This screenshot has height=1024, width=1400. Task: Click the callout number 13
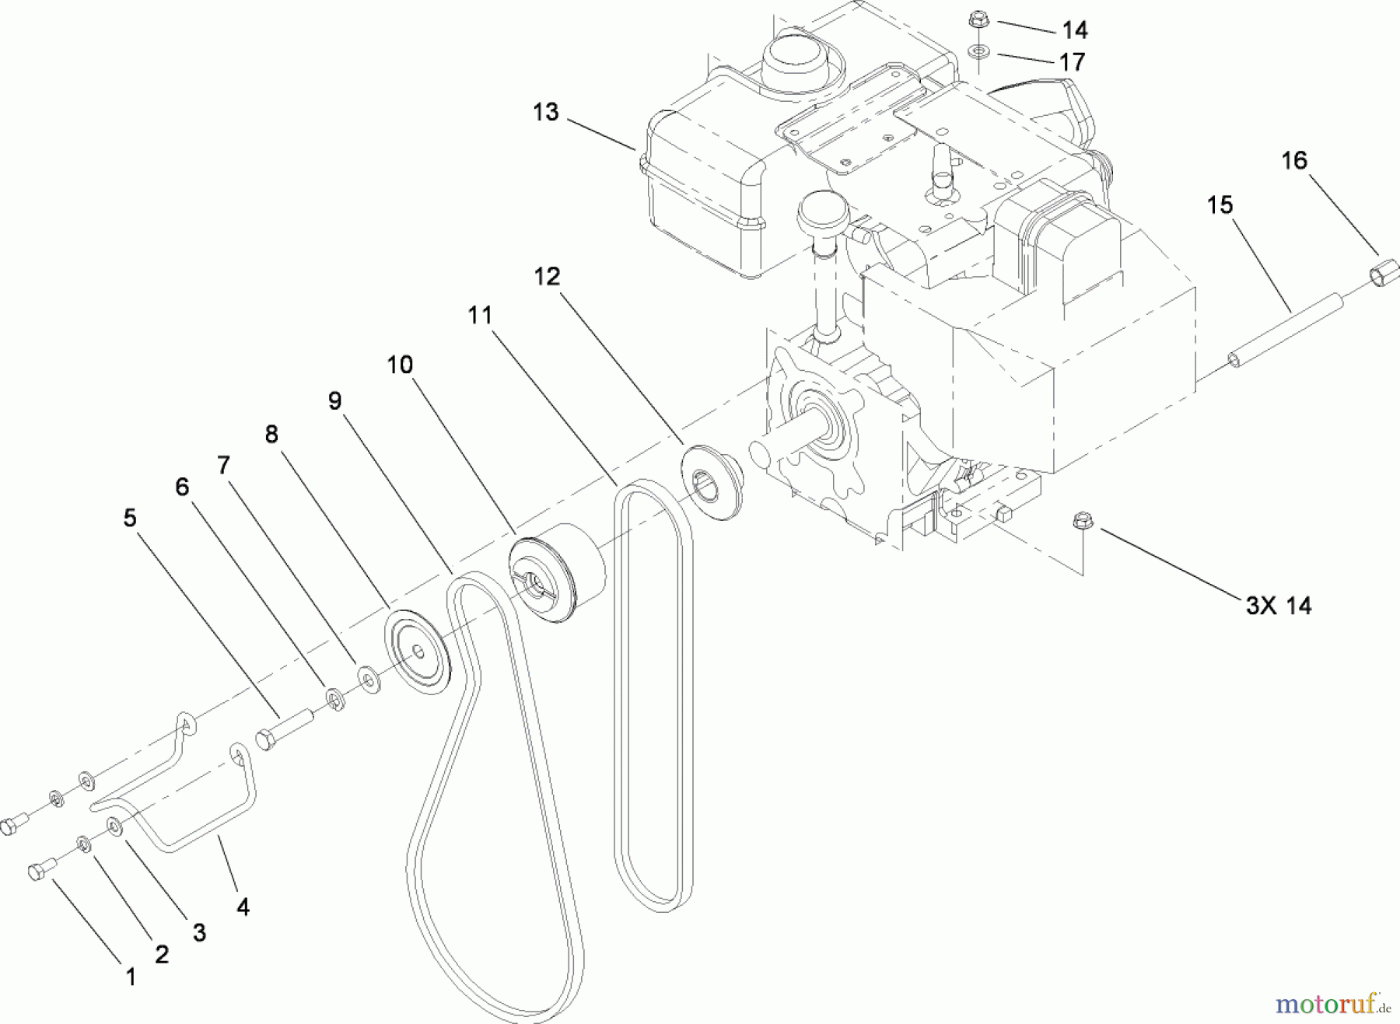(545, 112)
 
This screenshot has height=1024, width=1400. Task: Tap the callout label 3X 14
(1278, 606)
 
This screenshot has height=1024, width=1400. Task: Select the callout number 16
(1294, 161)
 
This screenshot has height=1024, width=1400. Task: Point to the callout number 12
(547, 277)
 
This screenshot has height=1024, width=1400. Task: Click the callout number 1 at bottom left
(131, 977)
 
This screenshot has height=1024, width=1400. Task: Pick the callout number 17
(1072, 62)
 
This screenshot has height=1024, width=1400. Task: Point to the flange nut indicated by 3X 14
(1082, 521)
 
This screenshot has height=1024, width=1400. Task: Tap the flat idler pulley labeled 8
(419, 651)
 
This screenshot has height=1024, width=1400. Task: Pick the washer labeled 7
(369, 679)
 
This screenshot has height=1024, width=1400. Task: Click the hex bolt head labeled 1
(39, 872)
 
